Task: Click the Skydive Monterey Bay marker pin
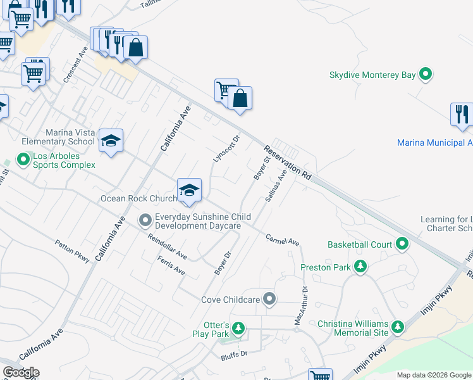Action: coord(426,75)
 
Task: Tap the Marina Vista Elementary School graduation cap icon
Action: coord(111,141)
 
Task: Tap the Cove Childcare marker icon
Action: coord(270,298)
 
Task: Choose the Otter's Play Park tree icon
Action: coord(238,327)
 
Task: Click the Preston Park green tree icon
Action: coord(360,267)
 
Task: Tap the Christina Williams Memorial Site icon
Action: coord(398,327)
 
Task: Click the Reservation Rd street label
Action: coord(288,163)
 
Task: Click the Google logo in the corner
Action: coord(21,372)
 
